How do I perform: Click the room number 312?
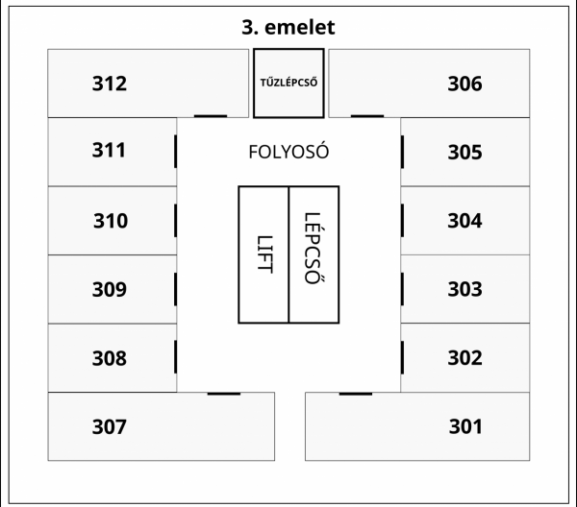[x=110, y=84]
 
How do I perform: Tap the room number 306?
[x=464, y=84]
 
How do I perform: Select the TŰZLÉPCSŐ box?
[x=288, y=83]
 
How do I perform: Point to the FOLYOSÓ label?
[x=288, y=152]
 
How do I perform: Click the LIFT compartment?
[x=263, y=254]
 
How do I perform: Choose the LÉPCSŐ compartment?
[x=314, y=254]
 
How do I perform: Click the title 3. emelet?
[x=288, y=27]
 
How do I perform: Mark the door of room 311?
[x=176, y=152]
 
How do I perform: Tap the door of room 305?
[x=402, y=152]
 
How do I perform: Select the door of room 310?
[x=176, y=221]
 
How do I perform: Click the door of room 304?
[x=402, y=221]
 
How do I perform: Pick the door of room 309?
[x=176, y=289]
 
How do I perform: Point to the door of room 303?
[x=402, y=289]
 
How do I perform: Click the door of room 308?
[x=176, y=357]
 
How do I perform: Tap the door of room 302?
[x=402, y=357]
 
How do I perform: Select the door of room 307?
[x=224, y=394]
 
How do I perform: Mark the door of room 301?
[x=356, y=394]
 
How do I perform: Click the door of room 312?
[x=211, y=116]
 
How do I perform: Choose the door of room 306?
[x=367, y=116]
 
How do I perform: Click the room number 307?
[x=110, y=426]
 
